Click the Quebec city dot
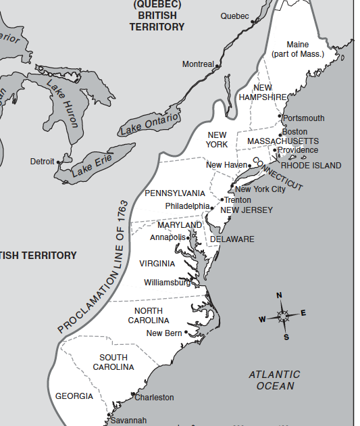(x=253, y=22)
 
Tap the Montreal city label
(x=197, y=64)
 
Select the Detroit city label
(x=42, y=162)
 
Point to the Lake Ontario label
(x=150, y=124)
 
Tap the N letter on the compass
(x=279, y=295)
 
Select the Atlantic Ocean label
(x=274, y=380)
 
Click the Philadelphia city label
(x=187, y=206)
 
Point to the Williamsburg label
(x=167, y=283)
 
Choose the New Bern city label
(x=164, y=333)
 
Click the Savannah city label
(x=128, y=420)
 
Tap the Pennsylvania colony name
(x=175, y=193)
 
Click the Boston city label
(x=294, y=132)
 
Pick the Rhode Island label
(x=311, y=166)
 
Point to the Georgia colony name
(x=74, y=396)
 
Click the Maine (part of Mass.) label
(x=297, y=49)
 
